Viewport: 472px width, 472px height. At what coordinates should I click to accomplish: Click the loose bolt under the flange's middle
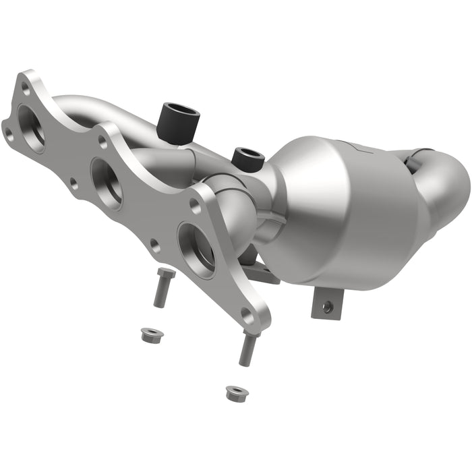tap(162, 286)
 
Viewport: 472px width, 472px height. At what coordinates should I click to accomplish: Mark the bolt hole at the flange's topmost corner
tap(26, 87)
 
